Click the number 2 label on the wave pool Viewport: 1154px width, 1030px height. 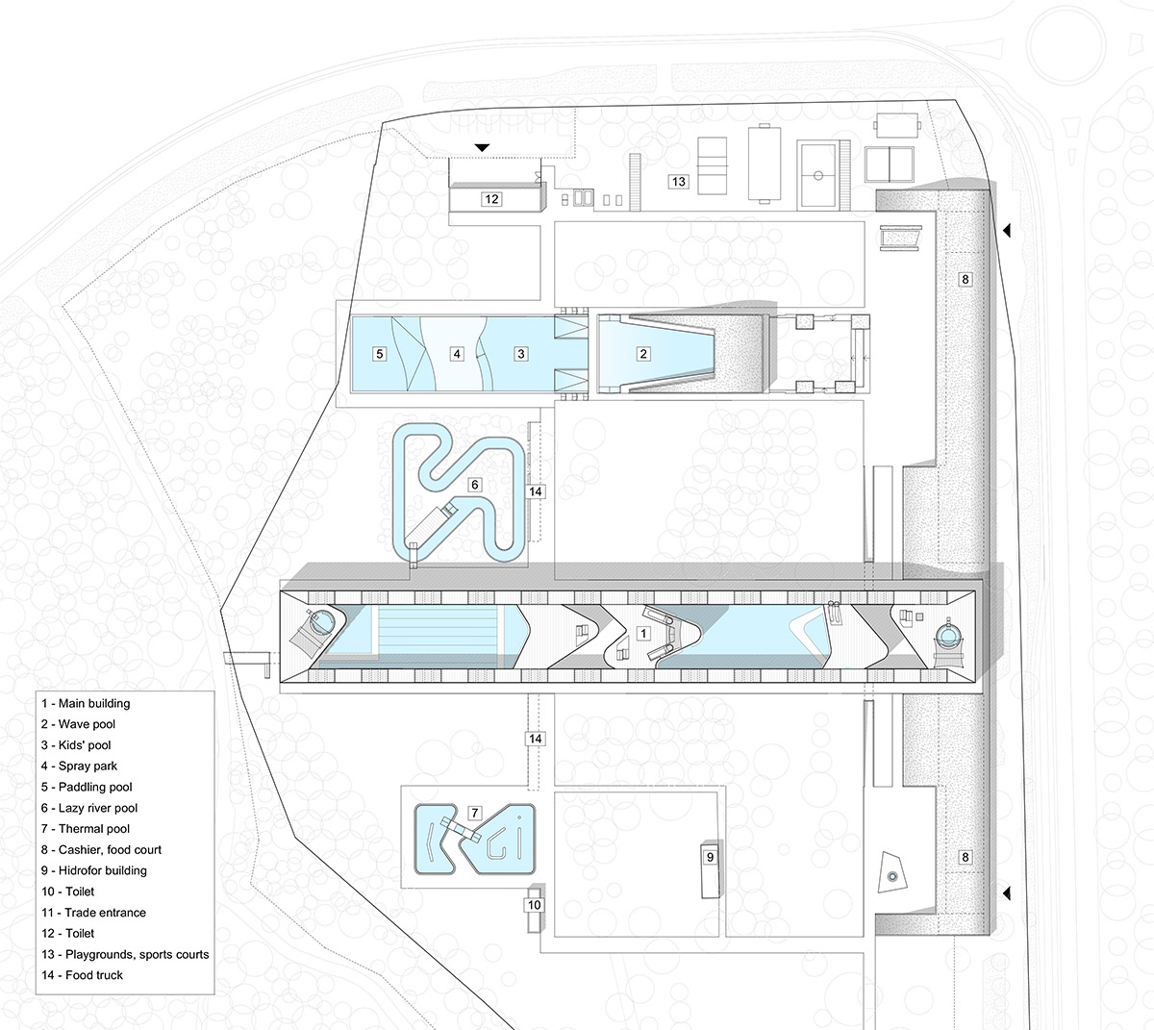pos(643,354)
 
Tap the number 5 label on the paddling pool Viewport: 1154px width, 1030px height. pos(379,354)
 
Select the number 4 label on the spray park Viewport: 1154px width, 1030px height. pos(456,354)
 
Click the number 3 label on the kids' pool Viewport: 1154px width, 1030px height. pos(520,354)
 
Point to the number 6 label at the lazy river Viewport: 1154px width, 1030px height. pos(474,485)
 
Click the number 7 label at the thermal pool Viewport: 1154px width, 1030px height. pos(474,813)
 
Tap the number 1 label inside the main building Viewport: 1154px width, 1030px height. pos(643,633)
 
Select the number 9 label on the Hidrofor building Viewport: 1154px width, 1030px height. pos(710,857)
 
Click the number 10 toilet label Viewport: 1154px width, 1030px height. pos(535,905)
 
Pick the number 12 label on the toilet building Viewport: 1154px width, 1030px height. pos(491,199)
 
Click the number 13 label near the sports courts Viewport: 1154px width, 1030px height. pos(678,181)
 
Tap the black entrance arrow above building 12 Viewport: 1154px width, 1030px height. pos(483,147)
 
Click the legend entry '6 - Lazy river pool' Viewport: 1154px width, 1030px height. pos(89,808)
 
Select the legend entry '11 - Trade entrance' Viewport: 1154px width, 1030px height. pos(93,912)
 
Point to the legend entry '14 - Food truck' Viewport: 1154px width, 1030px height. pos(82,975)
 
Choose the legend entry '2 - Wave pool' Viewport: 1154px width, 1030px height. pos(78,724)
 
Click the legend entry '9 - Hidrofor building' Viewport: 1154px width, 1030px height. pos(94,870)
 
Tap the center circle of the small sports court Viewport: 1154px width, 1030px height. pos(818,175)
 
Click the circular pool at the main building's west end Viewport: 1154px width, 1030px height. pos(322,621)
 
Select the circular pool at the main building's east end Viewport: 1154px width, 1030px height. pos(948,637)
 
